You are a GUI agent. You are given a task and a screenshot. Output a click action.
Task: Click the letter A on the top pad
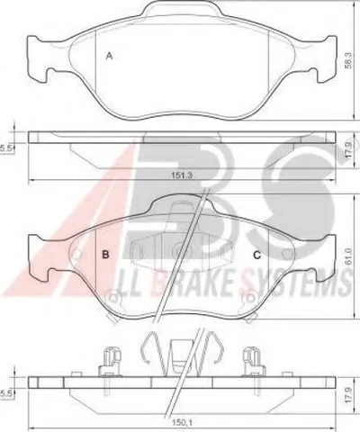pyautogui.click(x=110, y=56)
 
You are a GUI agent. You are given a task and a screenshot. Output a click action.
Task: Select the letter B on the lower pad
pyautogui.click(x=105, y=255)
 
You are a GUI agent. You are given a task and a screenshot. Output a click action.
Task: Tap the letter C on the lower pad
pyautogui.click(x=257, y=255)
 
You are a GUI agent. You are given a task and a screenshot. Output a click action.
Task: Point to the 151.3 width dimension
pyautogui.click(x=181, y=175)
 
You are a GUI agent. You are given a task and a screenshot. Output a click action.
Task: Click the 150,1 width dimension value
pyautogui.click(x=182, y=423)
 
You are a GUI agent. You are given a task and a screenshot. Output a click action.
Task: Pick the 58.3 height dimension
pyautogui.click(x=348, y=61)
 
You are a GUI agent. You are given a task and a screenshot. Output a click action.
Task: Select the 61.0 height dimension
pyautogui.click(x=348, y=256)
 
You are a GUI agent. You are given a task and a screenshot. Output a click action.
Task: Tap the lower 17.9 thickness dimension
pyautogui.click(x=347, y=395)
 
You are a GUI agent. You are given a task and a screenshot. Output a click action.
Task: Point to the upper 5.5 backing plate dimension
pyautogui.click(x=5, y=148)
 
